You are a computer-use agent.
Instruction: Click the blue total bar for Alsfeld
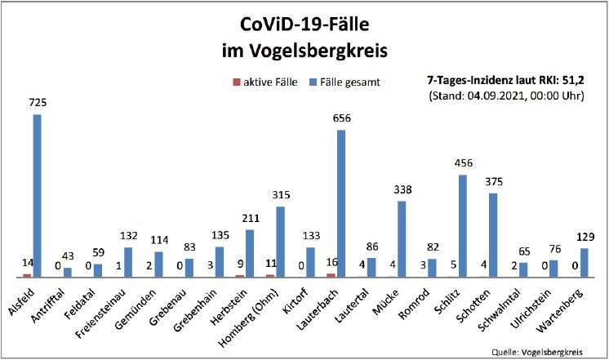37,196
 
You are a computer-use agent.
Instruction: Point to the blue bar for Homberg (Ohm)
280,242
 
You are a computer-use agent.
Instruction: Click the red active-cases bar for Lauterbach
331,275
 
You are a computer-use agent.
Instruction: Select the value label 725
38,103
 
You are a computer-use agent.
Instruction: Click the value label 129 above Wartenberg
585,236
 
